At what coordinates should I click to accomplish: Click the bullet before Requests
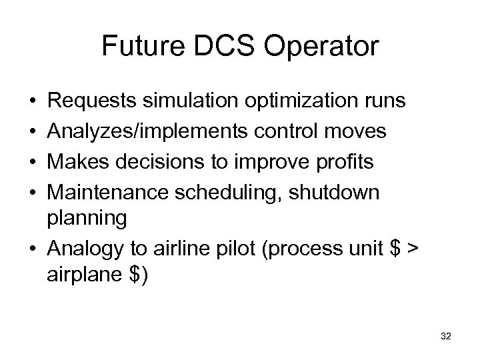[x=33, y=101]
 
